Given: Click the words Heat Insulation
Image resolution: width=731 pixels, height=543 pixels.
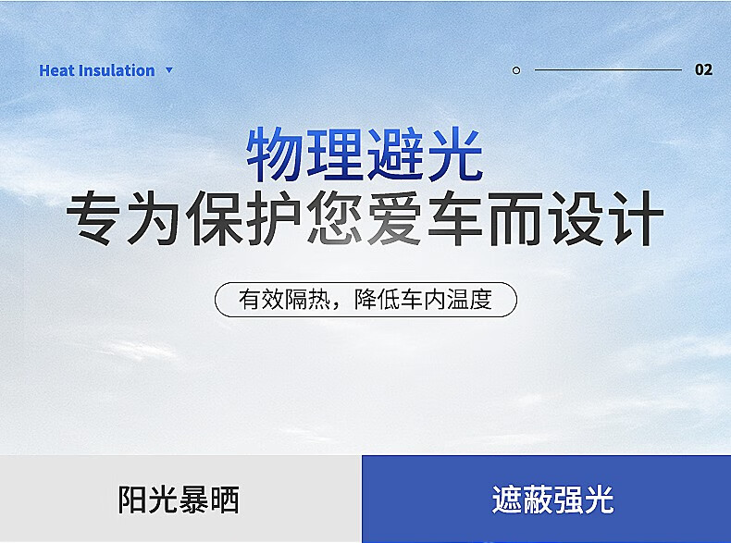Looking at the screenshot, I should tap(96, 70).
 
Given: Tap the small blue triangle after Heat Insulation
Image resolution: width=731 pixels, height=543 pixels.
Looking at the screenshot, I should tap(168, 70).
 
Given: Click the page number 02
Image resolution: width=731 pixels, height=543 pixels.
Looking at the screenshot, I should tap(703, 70).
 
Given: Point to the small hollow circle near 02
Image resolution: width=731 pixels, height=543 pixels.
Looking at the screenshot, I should tap(516, 70).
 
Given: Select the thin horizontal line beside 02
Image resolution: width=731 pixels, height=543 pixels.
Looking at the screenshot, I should tap(607, 70).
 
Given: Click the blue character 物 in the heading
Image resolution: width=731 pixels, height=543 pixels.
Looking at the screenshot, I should tap(275, 154).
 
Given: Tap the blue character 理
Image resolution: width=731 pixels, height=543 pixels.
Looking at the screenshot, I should tap(335, 154).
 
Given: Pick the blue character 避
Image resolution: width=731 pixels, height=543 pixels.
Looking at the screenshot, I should tap(395, 154).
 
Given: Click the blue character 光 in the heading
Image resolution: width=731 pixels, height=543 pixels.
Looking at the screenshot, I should tap(454, 154).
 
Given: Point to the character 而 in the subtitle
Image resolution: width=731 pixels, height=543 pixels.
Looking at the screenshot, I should tap(515, 219).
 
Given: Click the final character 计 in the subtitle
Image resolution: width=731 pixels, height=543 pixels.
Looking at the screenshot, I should tap(635, 219).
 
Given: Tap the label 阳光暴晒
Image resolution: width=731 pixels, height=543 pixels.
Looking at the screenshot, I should tap(179, 500).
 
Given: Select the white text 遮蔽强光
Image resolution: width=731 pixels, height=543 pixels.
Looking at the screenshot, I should tap(552, 500).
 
